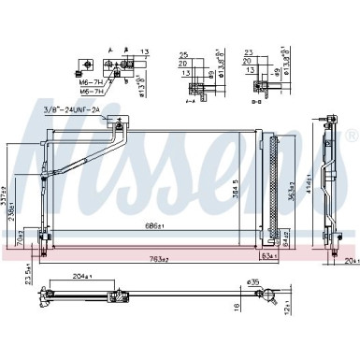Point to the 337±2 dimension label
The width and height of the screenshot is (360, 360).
[x=9, y=196]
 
